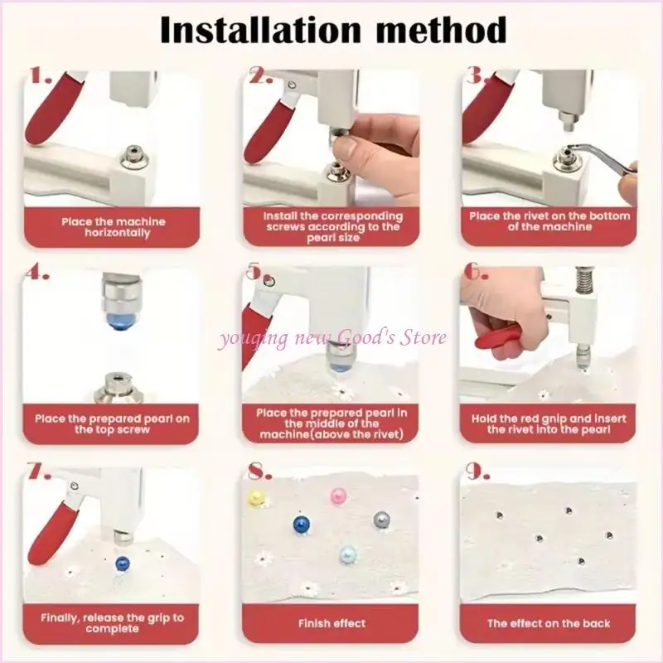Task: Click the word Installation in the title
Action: coord(260,30)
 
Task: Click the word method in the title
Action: coord(441,30)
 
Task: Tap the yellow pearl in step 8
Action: coord(255,498)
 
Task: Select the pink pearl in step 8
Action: coord(338,496)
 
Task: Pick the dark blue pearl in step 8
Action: coord(302,525)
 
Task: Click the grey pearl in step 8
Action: coord(381,520)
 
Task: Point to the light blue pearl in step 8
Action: coord(348,554)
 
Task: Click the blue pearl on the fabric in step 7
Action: coord(122,563)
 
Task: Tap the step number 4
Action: coord(36,273)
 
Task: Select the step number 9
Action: coord(477,471)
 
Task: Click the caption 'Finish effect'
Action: coord(332,623)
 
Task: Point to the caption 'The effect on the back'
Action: coord(549,623)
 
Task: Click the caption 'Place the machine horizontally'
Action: coord(114,227)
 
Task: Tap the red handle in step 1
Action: coord(51,109)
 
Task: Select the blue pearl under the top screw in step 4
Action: coord(120,320)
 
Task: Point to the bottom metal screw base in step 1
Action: coord(134,157)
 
